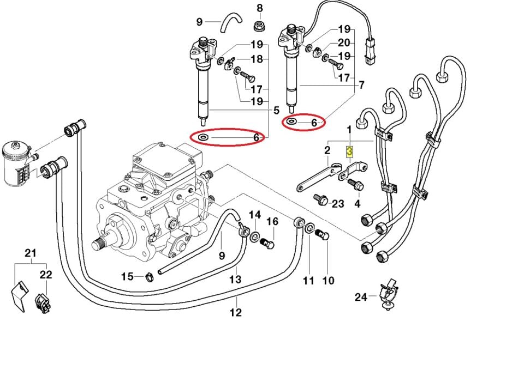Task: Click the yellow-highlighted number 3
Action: [350, 150]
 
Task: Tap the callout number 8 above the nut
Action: [260, 8]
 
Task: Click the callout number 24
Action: [361, 297]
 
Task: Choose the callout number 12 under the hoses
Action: [235, 313]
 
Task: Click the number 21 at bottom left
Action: [31, 253]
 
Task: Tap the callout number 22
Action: [46, 275]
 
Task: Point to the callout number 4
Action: [358, 204]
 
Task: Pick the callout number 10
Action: [328, 281]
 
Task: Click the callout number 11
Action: [309, 281]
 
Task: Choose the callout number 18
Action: [257, 59]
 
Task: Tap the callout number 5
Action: [276, 110]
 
